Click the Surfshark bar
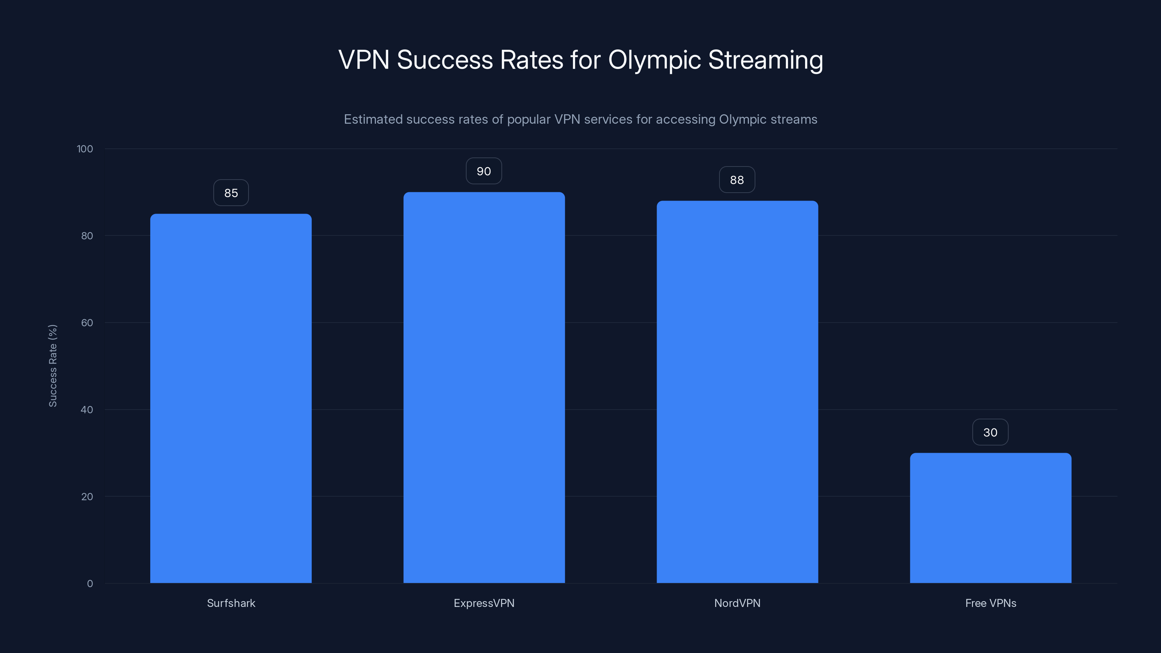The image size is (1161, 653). tap(231, 398)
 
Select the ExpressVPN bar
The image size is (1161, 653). tap(484, 387)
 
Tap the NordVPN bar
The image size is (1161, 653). tap(737, 392)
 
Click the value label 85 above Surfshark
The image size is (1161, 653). tap(231, 193)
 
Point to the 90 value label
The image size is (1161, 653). tap(484, 171)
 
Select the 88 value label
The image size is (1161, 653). tap(737, 180)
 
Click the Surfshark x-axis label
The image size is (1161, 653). tap(231, 603)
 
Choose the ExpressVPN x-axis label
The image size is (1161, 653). tap(484, 603)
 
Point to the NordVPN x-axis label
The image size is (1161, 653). tap(737, 603)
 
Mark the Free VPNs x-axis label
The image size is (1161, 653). tap(990, 603)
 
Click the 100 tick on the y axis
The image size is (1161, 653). tap(85, 149)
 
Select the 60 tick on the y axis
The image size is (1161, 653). tap(87, 323)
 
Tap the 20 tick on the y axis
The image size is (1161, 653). tap(87, 497)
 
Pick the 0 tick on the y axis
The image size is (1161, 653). tap(90, 584)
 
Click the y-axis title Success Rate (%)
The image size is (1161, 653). tap(53, 365)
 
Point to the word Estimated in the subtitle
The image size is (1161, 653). tap(373, 119)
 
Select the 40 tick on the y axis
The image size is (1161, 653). tap(87, 410)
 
